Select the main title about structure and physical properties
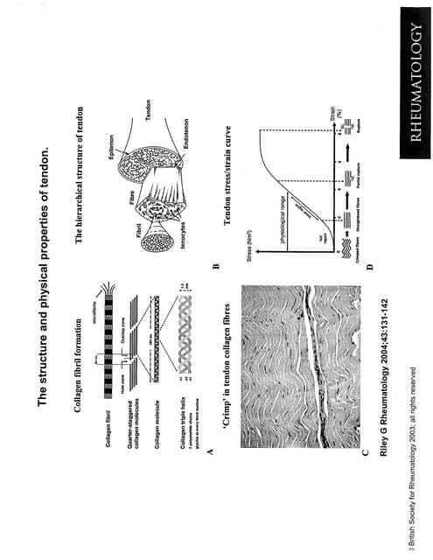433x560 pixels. pos(40,280)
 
